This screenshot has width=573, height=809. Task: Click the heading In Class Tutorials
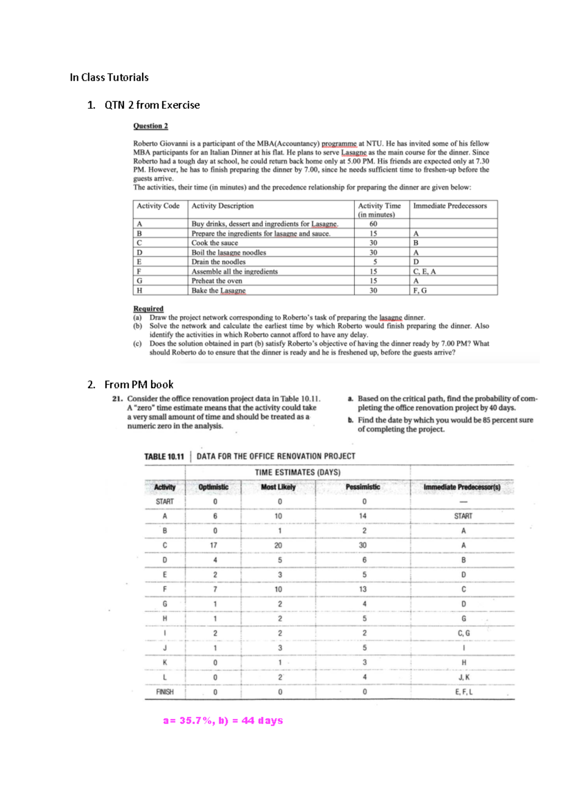point(109,77)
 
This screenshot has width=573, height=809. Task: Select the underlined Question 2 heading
point(150,126)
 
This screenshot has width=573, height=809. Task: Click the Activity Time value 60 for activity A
point(373,224)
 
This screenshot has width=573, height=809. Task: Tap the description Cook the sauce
point(214,243)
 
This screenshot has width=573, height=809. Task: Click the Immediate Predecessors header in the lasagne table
point(450,206)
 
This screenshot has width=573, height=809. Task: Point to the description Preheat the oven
point(217,281)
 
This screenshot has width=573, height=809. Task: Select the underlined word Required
point(148,309)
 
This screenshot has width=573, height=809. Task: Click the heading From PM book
point(138,384)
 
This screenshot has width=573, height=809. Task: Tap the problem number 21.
point(118,399)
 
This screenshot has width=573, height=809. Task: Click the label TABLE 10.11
point(164,456)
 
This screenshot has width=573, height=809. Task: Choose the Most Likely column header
point(278,487)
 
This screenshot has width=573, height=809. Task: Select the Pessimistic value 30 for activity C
point(363,545)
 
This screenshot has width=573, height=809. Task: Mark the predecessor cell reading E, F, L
point(463,692)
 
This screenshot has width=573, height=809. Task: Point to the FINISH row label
point(165,692)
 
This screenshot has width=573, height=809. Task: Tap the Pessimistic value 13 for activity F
point(363,590)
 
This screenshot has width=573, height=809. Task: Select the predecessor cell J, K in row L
point(463,677)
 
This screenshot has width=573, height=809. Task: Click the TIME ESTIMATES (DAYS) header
point(297,472)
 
